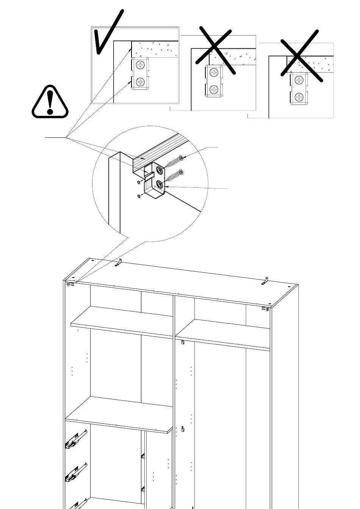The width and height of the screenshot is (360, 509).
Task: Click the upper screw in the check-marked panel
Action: click(141, 65)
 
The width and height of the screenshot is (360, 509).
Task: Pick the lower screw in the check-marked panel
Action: click(141, 82)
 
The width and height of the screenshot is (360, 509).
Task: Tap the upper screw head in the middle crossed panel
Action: click(214, 72)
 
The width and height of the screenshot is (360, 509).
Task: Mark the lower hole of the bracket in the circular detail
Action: click(158, 185)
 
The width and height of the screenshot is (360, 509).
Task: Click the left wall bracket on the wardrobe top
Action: click(119, 262)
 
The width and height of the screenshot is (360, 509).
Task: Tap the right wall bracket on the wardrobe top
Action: click(266, 281)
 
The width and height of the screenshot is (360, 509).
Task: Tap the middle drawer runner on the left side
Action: click(76, 473)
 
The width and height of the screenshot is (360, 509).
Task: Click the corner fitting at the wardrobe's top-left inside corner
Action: click(70, 284)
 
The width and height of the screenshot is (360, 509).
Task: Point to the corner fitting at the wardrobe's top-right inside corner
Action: click(265, 309)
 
